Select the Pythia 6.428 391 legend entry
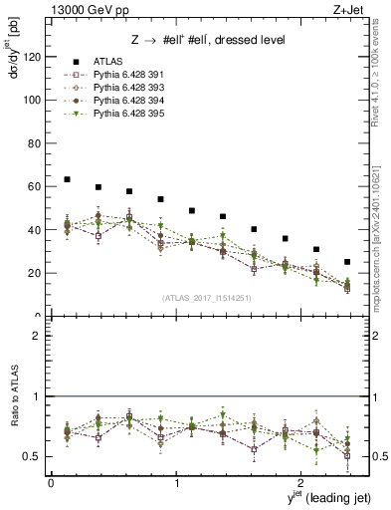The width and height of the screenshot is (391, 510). (123, 76)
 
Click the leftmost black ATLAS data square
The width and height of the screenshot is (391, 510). (67, 179)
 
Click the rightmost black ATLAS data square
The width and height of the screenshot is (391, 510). (347, 262)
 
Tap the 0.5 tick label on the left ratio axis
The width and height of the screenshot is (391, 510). (33, 457)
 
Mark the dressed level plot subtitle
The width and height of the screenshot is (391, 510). (204, 40)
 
